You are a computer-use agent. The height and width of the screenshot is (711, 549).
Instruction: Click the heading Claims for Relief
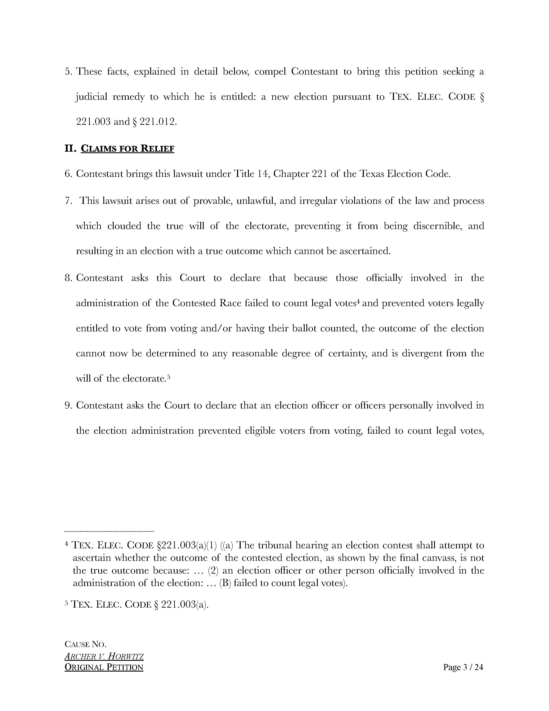127,149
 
